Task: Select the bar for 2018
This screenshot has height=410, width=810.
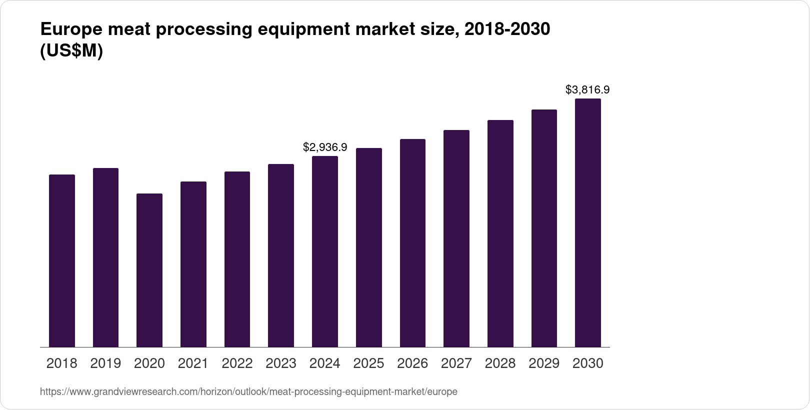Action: coord(62,260)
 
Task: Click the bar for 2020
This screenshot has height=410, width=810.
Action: coord(149,270)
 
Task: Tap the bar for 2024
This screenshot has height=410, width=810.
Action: coord(325,251)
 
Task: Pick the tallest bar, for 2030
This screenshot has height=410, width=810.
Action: coord(588,222)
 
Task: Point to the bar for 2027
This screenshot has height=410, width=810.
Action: coord(456,238)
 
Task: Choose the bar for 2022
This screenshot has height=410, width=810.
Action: coord(237,259)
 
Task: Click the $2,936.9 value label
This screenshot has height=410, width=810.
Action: coord(325,147)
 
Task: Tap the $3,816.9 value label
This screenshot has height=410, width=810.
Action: coord(587,90)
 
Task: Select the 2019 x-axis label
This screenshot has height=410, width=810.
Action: coord(105,363)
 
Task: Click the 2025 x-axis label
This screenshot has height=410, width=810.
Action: coord(368,363)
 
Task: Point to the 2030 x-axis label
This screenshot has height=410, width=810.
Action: coord(587,363)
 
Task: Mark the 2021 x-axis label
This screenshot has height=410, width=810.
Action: coord(193,363)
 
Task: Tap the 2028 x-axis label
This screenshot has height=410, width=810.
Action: coord(500,363)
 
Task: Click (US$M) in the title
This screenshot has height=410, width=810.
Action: coord(71,51)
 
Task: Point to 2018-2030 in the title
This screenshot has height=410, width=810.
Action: coord(507,30)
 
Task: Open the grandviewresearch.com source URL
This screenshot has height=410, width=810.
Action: coord(248,392)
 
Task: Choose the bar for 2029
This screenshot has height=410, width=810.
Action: coord(544,228)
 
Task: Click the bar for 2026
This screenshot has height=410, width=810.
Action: coord(412,243)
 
